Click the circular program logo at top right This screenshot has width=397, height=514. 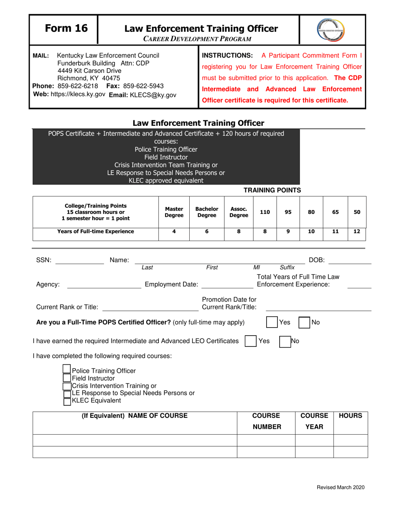(x=333, y=29)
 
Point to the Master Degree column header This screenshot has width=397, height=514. (x=174, y=212)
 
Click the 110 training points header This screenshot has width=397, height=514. (x=265, y=212)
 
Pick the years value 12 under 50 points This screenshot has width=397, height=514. (x=356, y=231)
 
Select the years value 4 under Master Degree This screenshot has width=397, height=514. (x=174, y=231)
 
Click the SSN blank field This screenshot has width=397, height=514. (x=79, y=261)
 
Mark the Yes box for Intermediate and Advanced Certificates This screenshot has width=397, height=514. (x=250, y=341)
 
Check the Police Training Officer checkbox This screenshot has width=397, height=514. (x=66, y=369)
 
